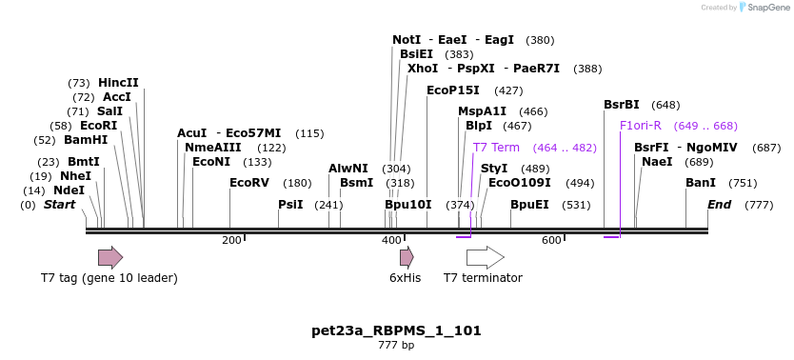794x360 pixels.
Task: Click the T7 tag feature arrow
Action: tap(110, 257)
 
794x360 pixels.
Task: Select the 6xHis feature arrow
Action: tap(407, 257)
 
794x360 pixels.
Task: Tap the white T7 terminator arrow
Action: tap(485, 257)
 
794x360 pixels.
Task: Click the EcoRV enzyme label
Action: tap(249, 183)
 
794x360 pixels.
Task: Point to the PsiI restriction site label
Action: tap(290, 205)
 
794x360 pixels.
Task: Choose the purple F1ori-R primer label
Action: tap(640, 126)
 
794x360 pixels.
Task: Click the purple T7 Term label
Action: tap(496, 148)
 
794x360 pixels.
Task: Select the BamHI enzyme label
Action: tap(86, 140)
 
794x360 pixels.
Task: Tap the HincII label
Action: tap(118, 83)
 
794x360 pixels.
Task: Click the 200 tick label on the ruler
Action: tap(231, 241)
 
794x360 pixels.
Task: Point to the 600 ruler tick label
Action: tap(551, 241)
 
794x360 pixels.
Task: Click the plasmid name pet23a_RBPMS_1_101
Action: tap(396, 331)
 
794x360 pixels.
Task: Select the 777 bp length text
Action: tap(396, 345)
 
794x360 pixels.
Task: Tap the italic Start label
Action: tap(59, 205)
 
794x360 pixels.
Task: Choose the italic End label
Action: tap(719, 205)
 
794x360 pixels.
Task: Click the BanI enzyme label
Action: tap(701, 183)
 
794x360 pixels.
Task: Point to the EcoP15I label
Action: tap(452, 90)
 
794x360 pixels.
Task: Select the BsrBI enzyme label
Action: tap(622, 105)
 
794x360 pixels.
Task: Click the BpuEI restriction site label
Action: tap(529, 205)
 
